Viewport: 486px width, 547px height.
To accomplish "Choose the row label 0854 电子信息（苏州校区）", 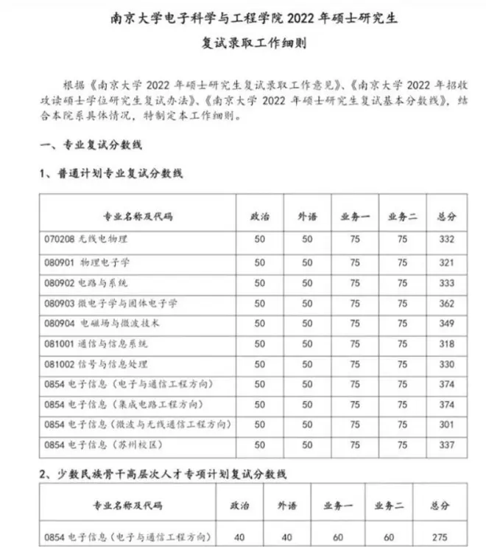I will pyautogui.click(x=102, y=445).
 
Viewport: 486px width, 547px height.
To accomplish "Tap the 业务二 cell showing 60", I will pyautogui.click(x=391, y=536).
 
